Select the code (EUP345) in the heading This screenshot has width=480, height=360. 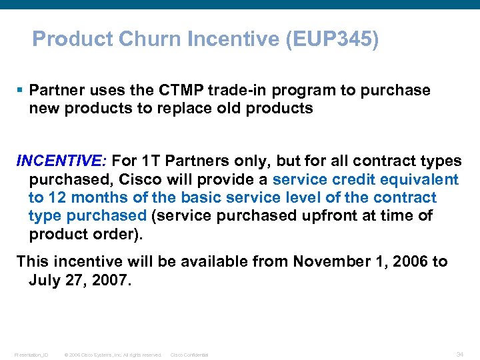click(x=331, y=39)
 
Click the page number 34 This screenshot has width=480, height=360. click(x=460, y=354)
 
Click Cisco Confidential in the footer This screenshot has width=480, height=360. click(x=189, y=355)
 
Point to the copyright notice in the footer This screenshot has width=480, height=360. click(x=113, y=355)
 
